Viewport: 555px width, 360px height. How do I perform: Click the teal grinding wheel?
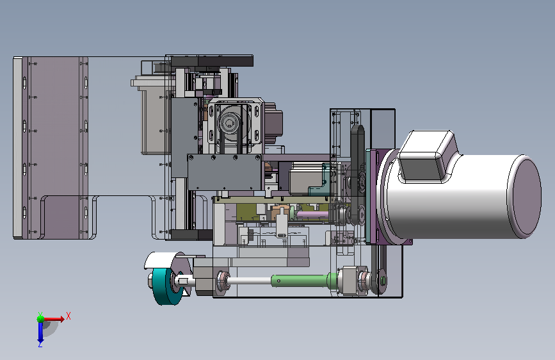point(166,286)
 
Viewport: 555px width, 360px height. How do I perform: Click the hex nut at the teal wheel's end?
point(151,281)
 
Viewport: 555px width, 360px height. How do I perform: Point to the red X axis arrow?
point(54,319)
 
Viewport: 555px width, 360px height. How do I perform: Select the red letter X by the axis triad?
point(68,316)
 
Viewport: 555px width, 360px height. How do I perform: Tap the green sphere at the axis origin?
point(41,319)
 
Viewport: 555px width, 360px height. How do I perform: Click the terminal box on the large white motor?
point(427,156)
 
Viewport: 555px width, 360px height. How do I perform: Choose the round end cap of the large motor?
point(524,196)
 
